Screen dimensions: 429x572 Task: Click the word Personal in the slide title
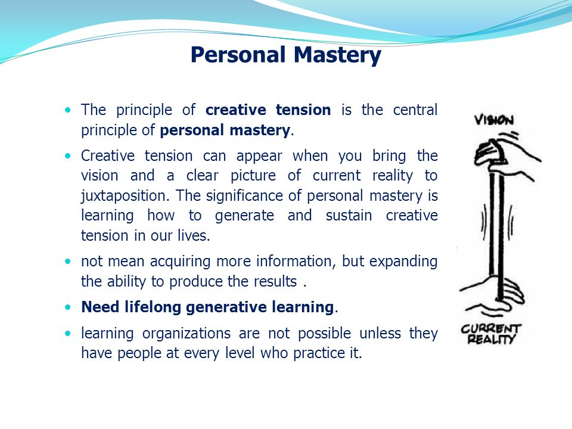click(x=238, y=55)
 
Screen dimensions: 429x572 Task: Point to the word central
click(x=415, y=110)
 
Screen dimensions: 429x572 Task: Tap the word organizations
click(x=193, y=333)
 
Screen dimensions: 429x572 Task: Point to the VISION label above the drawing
click(x=493, y=120)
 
